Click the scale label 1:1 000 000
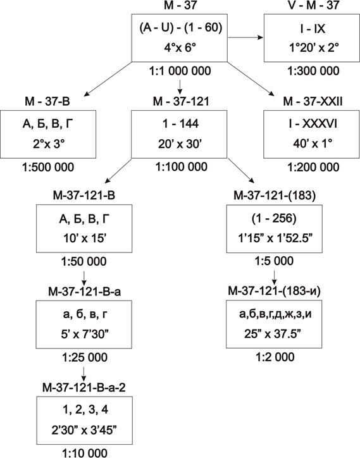tap(180, 71)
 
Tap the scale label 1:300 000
tap(313, 71)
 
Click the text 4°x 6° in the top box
tap(180, 47)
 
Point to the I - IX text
tap(312, 29)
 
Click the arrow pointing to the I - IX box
tap(245, 37)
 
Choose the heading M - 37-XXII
tap(313, 101)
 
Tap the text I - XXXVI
tap(312, 124)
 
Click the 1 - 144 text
tap(180, 124)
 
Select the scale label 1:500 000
tap(48, 168)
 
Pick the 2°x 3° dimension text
tap(49, 144)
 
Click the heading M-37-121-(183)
tap(275, 195)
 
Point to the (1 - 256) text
tap(274, 218)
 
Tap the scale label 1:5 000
tap(274, 261)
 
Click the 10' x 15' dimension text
tap(84, 238)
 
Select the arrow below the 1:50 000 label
tap(84, 278)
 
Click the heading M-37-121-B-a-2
tap(84, 388)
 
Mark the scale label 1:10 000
tap(85, 453)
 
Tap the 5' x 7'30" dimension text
tap(85, 334)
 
